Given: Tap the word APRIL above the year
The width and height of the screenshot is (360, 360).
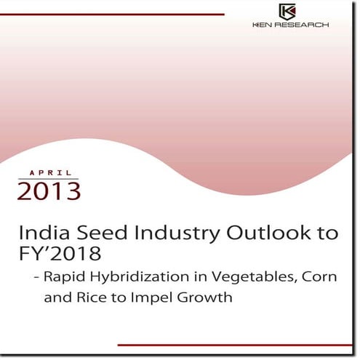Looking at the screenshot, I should click(51, 173).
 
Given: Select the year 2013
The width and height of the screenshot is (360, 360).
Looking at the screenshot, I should click(49, 192).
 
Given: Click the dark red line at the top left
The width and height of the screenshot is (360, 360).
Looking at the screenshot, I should click(116, 15).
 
